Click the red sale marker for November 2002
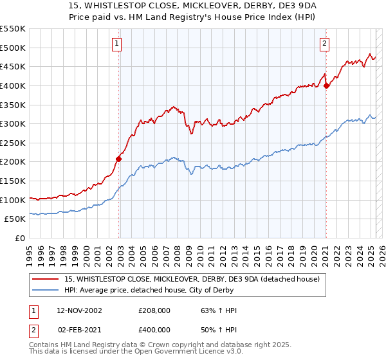point(119,158)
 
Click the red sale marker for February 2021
point(326,85)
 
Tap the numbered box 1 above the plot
point(116,44)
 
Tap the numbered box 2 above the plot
point(324,44)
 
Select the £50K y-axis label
point(15,219)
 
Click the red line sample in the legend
point(46,279)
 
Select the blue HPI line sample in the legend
point(46,290)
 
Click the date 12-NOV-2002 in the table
point(79,310)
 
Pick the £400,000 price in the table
point(154,329)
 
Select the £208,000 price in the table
point(154,310)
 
